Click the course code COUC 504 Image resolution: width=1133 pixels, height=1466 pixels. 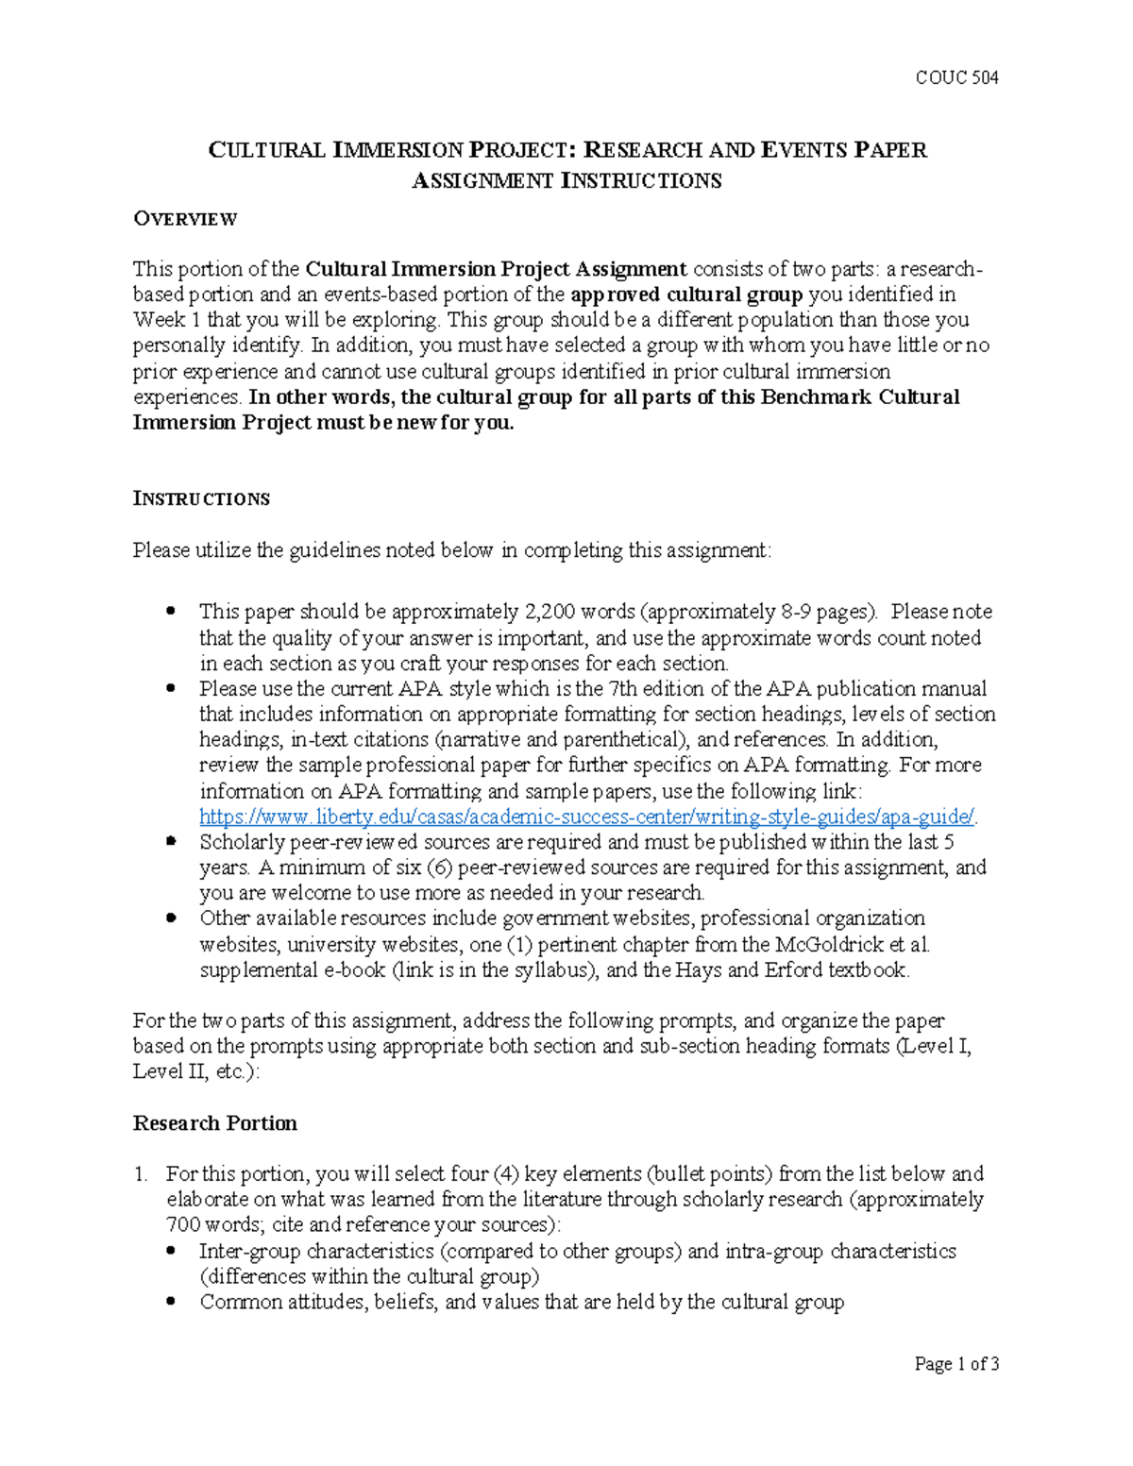[956, 77]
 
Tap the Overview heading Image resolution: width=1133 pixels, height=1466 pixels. [185, 219]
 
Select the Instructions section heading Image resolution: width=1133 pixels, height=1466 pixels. [201, 498]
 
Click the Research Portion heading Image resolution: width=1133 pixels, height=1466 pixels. [214, 1123]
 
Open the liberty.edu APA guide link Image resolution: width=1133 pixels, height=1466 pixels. [586, 817]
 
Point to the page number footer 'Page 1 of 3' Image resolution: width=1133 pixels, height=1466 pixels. [955, 1363]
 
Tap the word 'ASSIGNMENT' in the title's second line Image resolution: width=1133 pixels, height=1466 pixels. [482, 180]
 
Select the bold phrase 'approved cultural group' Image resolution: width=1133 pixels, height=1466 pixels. [686, 295]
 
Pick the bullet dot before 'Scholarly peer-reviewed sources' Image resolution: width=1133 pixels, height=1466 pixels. [171, 840]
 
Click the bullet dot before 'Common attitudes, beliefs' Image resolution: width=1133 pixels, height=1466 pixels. [171, 1302]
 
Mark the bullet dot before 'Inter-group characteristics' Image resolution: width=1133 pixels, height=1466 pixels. [171, 1251]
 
